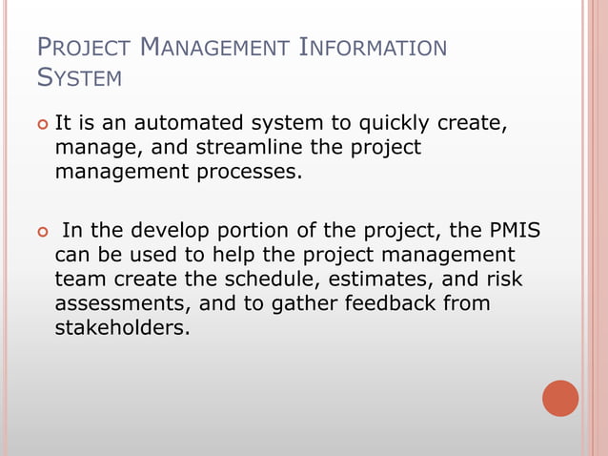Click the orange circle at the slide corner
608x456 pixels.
tap(560, 398)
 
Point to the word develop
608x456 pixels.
tap(172, 231)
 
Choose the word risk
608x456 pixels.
tap(505, 280)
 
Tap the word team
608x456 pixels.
tap(77, 280)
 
